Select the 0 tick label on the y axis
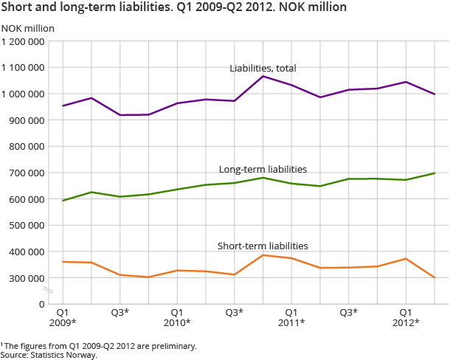(42, 303)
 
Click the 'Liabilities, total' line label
(263, 69)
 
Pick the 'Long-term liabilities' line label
(263, 169)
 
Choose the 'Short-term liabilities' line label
(263, 246)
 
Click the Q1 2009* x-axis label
(63, 317)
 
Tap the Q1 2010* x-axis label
(177, 317)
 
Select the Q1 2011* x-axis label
(291, 317)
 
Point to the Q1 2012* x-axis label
(406, 317)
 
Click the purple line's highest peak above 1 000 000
(263, 76)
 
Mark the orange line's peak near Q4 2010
(263, 255)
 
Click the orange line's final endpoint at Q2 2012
(435, 278)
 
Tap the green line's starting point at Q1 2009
(63, 201)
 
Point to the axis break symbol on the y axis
(49, 290)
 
